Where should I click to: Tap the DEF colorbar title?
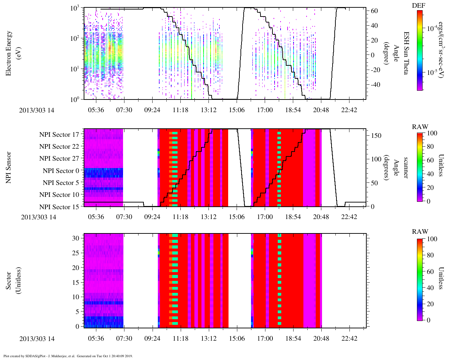[x=419, y=5]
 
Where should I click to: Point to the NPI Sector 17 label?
[x=59, y=134]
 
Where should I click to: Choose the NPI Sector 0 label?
[x=61, y=171]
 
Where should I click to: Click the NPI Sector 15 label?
[x=59, y=207]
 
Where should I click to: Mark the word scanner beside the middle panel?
[x=406, y=167]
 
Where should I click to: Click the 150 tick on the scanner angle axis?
[x=376, y=135]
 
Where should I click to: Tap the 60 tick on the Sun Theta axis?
[x=374, y=11]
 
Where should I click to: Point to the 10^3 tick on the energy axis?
[x=75, y=8]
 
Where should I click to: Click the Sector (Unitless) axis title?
[x=13, y=280]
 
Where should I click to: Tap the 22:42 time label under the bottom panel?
[x=349, y=338]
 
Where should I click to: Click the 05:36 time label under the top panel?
[x=96, y=110]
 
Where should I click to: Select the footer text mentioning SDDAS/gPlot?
[x=68, y=356]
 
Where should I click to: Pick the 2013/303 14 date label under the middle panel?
[x=38, y=217]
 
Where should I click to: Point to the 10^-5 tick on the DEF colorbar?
[x=432, y=73]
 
